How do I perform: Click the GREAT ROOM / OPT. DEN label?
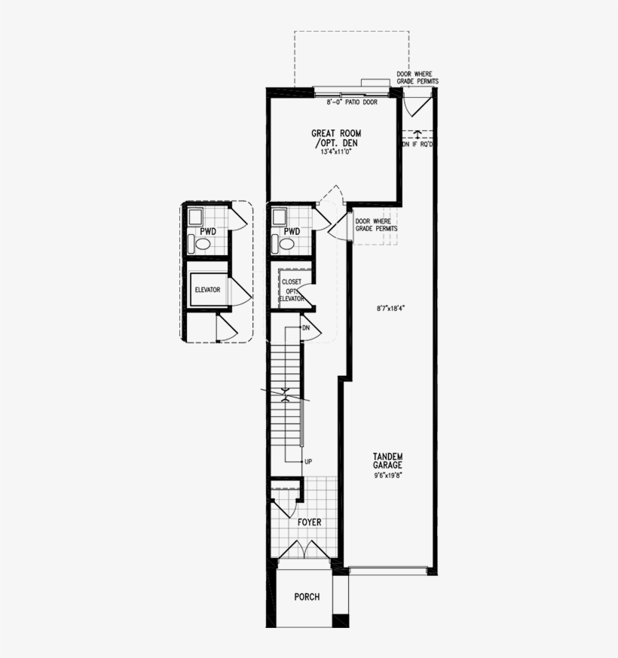pyautogui.click(x=332, y=138)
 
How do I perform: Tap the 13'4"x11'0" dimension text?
pyautogui.click(x=332, y=151)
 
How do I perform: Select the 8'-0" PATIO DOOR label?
pyautogui.click(x=352, y=102)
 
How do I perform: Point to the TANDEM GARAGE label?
pyautogui.click(x=387, y=461)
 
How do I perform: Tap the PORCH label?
pyautogui.click(x=307, y=597)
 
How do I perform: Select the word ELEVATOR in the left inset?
pyautogui.click(x=207, y=289)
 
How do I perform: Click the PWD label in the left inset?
pyautogui.click(x=208, y=231)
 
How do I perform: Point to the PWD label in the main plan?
pyautogui.click(x=292, y=231)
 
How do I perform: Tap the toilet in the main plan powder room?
pyautogui.click(x=287, y=244)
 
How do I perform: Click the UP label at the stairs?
pyautogui.click(x=307, y=460)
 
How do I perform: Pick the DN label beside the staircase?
pyautogui.click(x=306, y=328)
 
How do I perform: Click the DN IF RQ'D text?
pyautogui.click(x=416, y=143)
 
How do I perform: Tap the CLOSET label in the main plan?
pyautogui.click(x=292, y=282)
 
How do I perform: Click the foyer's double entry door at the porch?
pyautogui.click(x=303, y=550)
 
